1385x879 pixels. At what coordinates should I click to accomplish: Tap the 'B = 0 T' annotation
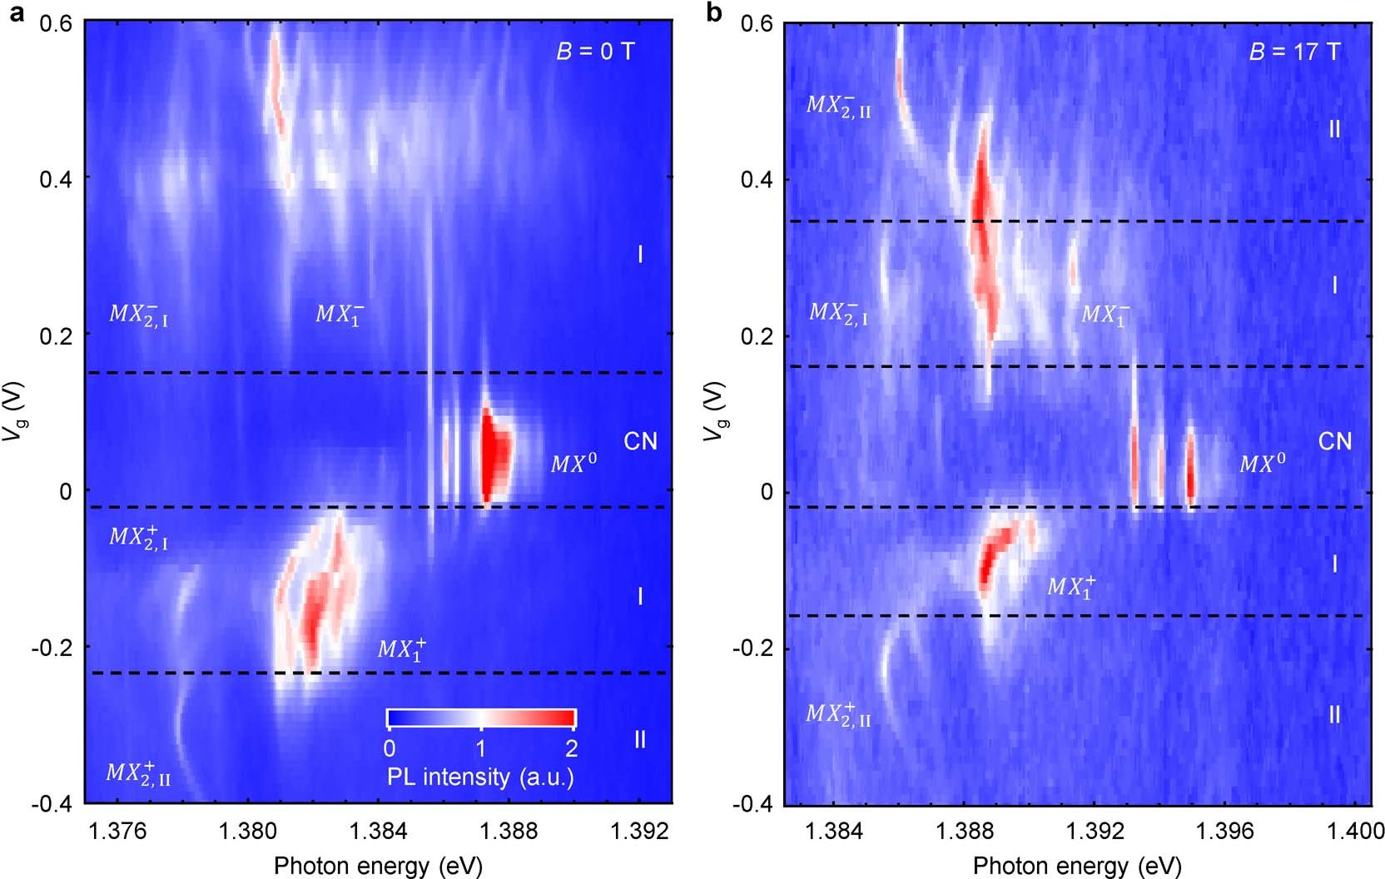coord(594,52)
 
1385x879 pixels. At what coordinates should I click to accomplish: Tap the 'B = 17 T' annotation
coord(1294,52)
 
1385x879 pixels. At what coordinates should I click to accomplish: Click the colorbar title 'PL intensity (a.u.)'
coord(480,777)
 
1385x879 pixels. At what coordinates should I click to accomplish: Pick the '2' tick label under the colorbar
coord(571,748)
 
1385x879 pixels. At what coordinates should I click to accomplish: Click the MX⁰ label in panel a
coord(573,464)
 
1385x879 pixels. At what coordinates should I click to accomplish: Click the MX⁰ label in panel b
coord(1263,464)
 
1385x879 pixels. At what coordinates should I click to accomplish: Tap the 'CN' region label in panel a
coord(640,441)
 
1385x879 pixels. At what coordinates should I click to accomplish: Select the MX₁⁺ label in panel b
coord(1071,586)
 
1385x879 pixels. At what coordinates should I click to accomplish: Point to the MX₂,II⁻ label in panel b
coord(838,106)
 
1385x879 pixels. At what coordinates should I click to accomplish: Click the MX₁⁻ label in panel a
coord(339,314)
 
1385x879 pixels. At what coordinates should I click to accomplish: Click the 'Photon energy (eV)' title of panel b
coord(1076,866)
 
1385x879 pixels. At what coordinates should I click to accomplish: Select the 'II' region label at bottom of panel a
coord(639,739)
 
